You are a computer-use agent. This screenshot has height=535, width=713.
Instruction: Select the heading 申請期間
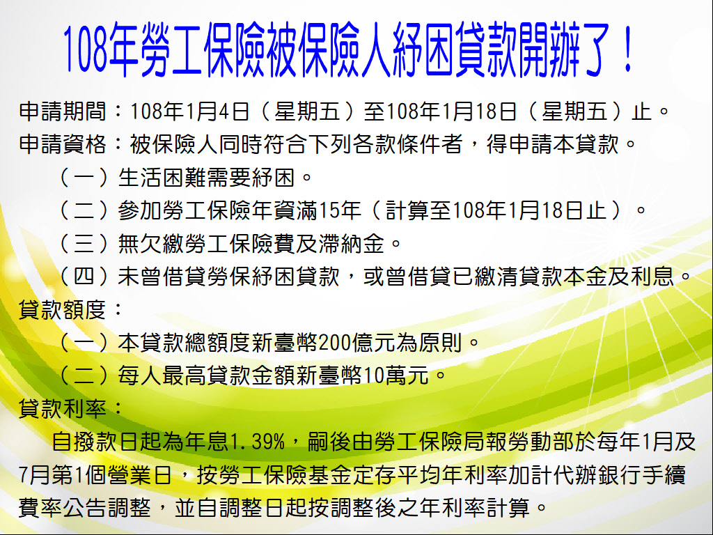tap(62, 111)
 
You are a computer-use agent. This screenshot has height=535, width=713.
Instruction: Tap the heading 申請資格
tap(62, 144)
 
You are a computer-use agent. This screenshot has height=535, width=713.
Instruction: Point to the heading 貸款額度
tap(62, 310)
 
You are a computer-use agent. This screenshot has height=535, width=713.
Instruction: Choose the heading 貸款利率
tap(62, 408)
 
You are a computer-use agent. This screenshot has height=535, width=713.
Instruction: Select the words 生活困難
tap(162, 178)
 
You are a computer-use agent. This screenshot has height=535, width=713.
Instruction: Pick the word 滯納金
tap(352, 243)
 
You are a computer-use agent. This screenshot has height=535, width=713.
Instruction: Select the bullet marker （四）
tap(84, 277)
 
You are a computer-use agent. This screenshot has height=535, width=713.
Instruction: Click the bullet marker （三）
tap(84, 243)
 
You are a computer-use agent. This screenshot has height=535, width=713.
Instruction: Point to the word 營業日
tap(139, 474)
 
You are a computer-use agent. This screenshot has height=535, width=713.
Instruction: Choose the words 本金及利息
tap(618, 277)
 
